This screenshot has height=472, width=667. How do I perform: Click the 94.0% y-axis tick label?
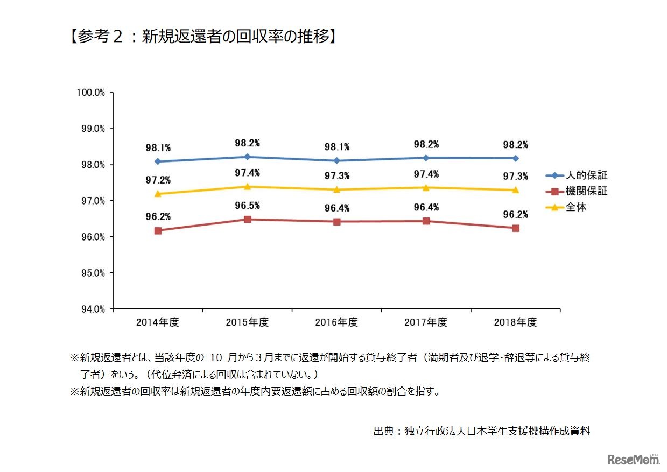91,309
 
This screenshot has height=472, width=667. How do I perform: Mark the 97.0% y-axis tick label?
91,201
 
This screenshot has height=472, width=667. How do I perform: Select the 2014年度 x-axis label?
157,323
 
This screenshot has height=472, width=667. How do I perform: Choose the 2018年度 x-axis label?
516,323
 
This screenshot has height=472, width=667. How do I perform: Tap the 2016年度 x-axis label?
336,323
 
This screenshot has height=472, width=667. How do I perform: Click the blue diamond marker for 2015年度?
247,157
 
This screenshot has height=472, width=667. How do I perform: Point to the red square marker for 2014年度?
158,230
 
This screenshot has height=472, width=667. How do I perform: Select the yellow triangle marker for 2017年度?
426,187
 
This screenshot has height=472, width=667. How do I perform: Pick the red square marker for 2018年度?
516,228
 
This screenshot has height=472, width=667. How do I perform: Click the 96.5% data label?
247,205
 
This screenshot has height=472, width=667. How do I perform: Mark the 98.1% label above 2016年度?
336,146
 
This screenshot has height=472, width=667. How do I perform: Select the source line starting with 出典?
481,431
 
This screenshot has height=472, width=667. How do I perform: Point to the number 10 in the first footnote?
216,357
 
